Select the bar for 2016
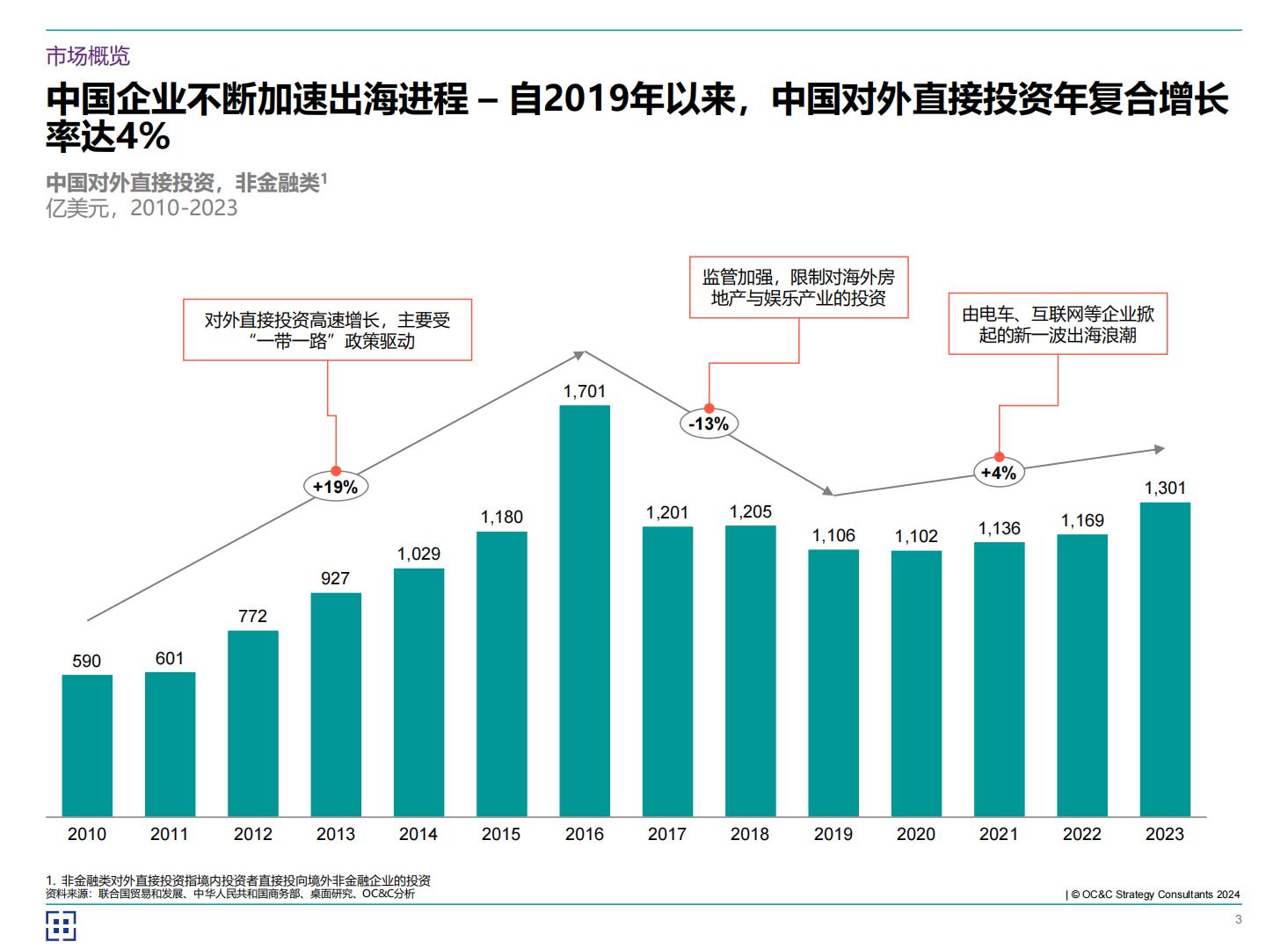click(x=585, y=611)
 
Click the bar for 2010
click(x=87, y=745)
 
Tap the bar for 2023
click(x=1165, y=659)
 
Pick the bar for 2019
click(x=833, y=683)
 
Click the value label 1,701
click(x=585, y=391)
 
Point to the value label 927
click(x=335, y=578)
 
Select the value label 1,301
click(x=1165, y=488)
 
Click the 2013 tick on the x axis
click(x=335, y=834)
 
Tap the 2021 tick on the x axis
click(x=999, y=834)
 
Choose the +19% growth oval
click(x=335, y=487)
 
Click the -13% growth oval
click(x=709, y=424)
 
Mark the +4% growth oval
click(x=999, y=473)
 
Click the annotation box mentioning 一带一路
click(x=327, y=330)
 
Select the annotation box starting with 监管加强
click(x=798, y=287)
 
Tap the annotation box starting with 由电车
click(x=1058, y=324)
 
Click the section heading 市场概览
click(x=88, y=56)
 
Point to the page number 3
click(x=1239, y=919)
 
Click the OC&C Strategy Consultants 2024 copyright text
click(x=1154, y=895)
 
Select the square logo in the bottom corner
click(x=61, y=925)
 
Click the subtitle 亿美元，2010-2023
click(x=142, y=208)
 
